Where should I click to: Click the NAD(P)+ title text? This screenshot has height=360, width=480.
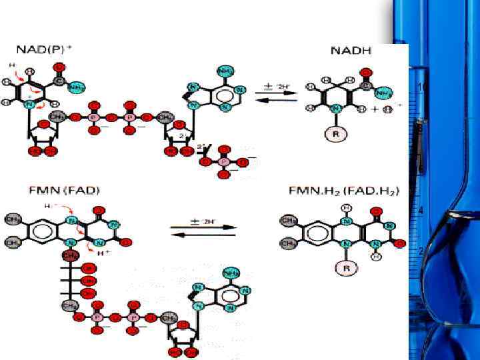[x=47, y=51]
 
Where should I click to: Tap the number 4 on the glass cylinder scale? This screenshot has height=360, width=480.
[x=421, y=211]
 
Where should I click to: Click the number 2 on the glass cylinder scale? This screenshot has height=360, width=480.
[x=421, y=251]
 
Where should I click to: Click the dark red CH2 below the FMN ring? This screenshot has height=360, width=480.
[x=69, y=255]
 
